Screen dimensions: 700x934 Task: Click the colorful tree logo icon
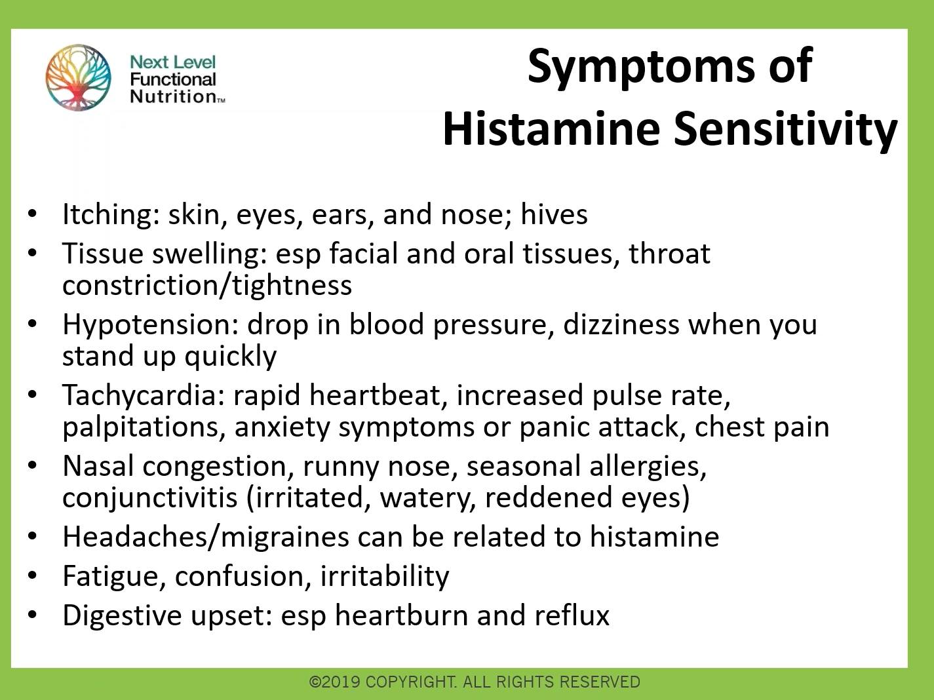click(x=78, y=77)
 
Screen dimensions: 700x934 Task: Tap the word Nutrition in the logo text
click(x=173, y=97)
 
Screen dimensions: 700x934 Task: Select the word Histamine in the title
click(x=551, y=128)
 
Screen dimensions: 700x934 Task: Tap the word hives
click(x=554, y=215)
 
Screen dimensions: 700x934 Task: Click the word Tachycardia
click(x=143, y=395)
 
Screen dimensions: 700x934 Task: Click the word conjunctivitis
click(x=149, y=497)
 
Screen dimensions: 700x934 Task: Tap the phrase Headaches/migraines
click(x=205, y=537)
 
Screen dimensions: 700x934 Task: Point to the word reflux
click(x=572, y=615)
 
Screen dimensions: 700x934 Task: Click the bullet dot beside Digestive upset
click(x=32, y=615)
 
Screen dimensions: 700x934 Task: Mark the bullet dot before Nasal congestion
click(x=32, y=465)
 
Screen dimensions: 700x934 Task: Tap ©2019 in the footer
click(x=334, y=682)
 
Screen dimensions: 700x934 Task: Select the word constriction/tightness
click(x=207, y=286)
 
